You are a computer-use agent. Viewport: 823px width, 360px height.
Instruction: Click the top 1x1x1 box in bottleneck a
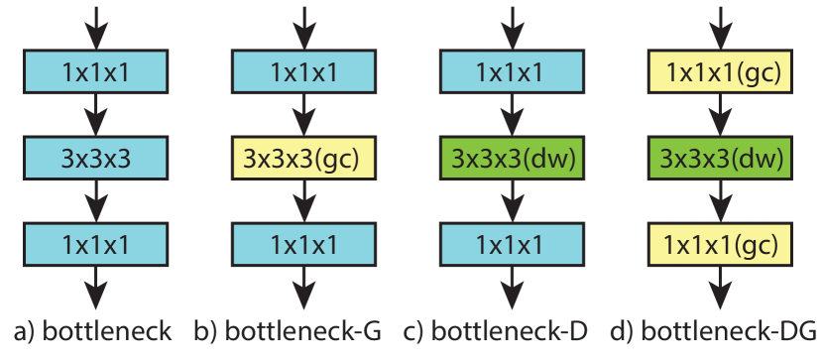96,72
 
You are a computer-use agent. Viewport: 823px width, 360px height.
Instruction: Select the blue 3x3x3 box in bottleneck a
96,158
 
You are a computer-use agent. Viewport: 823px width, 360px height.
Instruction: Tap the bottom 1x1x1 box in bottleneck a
96,244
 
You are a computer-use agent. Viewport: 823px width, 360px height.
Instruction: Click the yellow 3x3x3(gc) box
303,158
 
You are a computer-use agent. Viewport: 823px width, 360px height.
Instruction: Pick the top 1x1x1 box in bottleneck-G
303,72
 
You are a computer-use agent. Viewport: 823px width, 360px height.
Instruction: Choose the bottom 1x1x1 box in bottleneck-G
303,244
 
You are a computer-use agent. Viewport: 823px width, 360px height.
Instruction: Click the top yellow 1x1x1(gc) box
718,72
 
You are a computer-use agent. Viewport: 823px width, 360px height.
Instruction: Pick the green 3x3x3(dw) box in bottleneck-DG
718,158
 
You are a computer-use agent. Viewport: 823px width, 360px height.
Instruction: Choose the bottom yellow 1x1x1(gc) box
718,244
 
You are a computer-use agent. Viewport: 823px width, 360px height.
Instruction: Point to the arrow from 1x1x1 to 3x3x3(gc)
303,115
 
